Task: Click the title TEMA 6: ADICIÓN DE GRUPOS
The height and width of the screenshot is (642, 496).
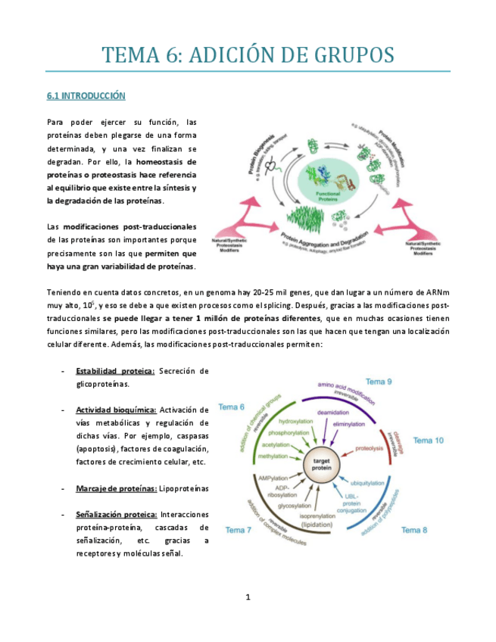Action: pyautogui.click(x=248, y=55)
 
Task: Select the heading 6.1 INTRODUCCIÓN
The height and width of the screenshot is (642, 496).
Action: pyautogui.click(x=86, y=96)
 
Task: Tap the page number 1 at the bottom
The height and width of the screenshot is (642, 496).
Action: pyautogui.click(x=248, y=597)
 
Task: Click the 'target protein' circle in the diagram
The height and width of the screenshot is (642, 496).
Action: pyautogui.click(x=320, y=463)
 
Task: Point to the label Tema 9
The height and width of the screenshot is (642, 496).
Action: pyautogui.click(x=379, y=382)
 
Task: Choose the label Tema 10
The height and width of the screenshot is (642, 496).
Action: pyautogui.click(x=429, y=440)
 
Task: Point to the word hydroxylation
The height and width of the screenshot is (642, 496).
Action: pyautogui.click(x=296, y=421)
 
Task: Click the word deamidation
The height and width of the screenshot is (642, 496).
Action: pyautogui.click(x=333, y=413)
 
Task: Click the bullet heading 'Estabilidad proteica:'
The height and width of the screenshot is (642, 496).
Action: pyautogui.click(x=115, y=371)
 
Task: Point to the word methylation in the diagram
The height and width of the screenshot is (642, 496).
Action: pyautogui.click(x=274, y=457)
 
